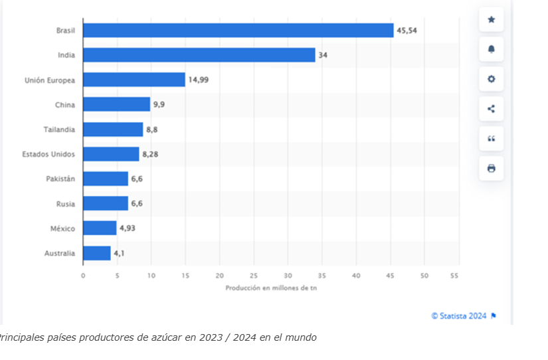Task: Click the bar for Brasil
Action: click(238, 31)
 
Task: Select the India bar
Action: click(199, 55)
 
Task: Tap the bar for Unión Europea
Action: click(134, 80)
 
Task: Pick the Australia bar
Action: click(96, 253)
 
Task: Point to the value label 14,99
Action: click(198, 80)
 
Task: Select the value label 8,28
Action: click(150, 154)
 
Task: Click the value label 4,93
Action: click(127, 228)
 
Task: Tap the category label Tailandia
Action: click(60, 130)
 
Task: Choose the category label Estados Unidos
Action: click(48, 154)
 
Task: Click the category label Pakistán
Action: click(60, 179)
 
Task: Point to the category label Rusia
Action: click(65, 204)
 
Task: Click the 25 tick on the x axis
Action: click(253, 275)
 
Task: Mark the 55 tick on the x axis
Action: click(455, 275)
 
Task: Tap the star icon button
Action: click(491, 20)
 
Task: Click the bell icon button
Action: click(491, 50)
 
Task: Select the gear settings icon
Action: click(491, 79)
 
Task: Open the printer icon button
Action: click(491, 169)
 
